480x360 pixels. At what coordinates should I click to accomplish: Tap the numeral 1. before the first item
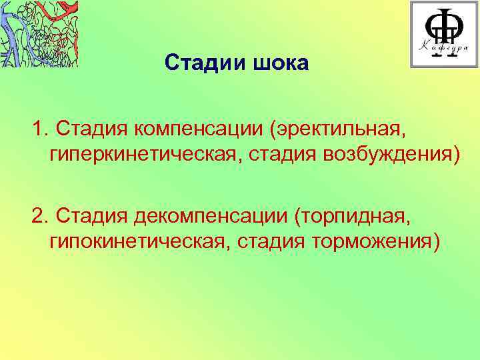coord(39,127)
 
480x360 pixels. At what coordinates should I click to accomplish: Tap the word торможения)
coord(375,242)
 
